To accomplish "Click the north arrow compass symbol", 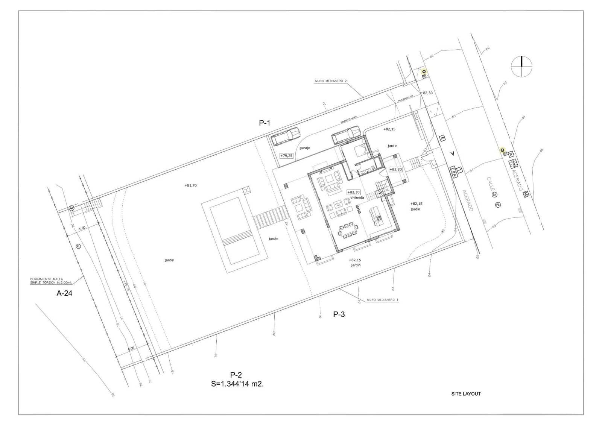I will point(521,67).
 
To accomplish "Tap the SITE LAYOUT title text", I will point(466,394).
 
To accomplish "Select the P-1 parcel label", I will point(265,123).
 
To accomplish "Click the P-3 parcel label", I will point(339,314).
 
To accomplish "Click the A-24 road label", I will point(64,293).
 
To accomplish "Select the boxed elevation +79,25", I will point(286,155).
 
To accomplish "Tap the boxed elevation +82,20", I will point(395,169).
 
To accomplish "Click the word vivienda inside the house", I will point(357,197).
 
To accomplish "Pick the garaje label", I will point(305,148).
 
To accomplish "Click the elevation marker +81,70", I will point(191,185).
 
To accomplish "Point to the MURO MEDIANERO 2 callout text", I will point(331,81).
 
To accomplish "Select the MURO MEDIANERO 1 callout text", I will point(382,300).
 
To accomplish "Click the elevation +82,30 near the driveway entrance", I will point(426,93).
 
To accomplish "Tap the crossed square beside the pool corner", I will point(246,190).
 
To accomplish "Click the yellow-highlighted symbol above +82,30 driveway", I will point(424,71).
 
